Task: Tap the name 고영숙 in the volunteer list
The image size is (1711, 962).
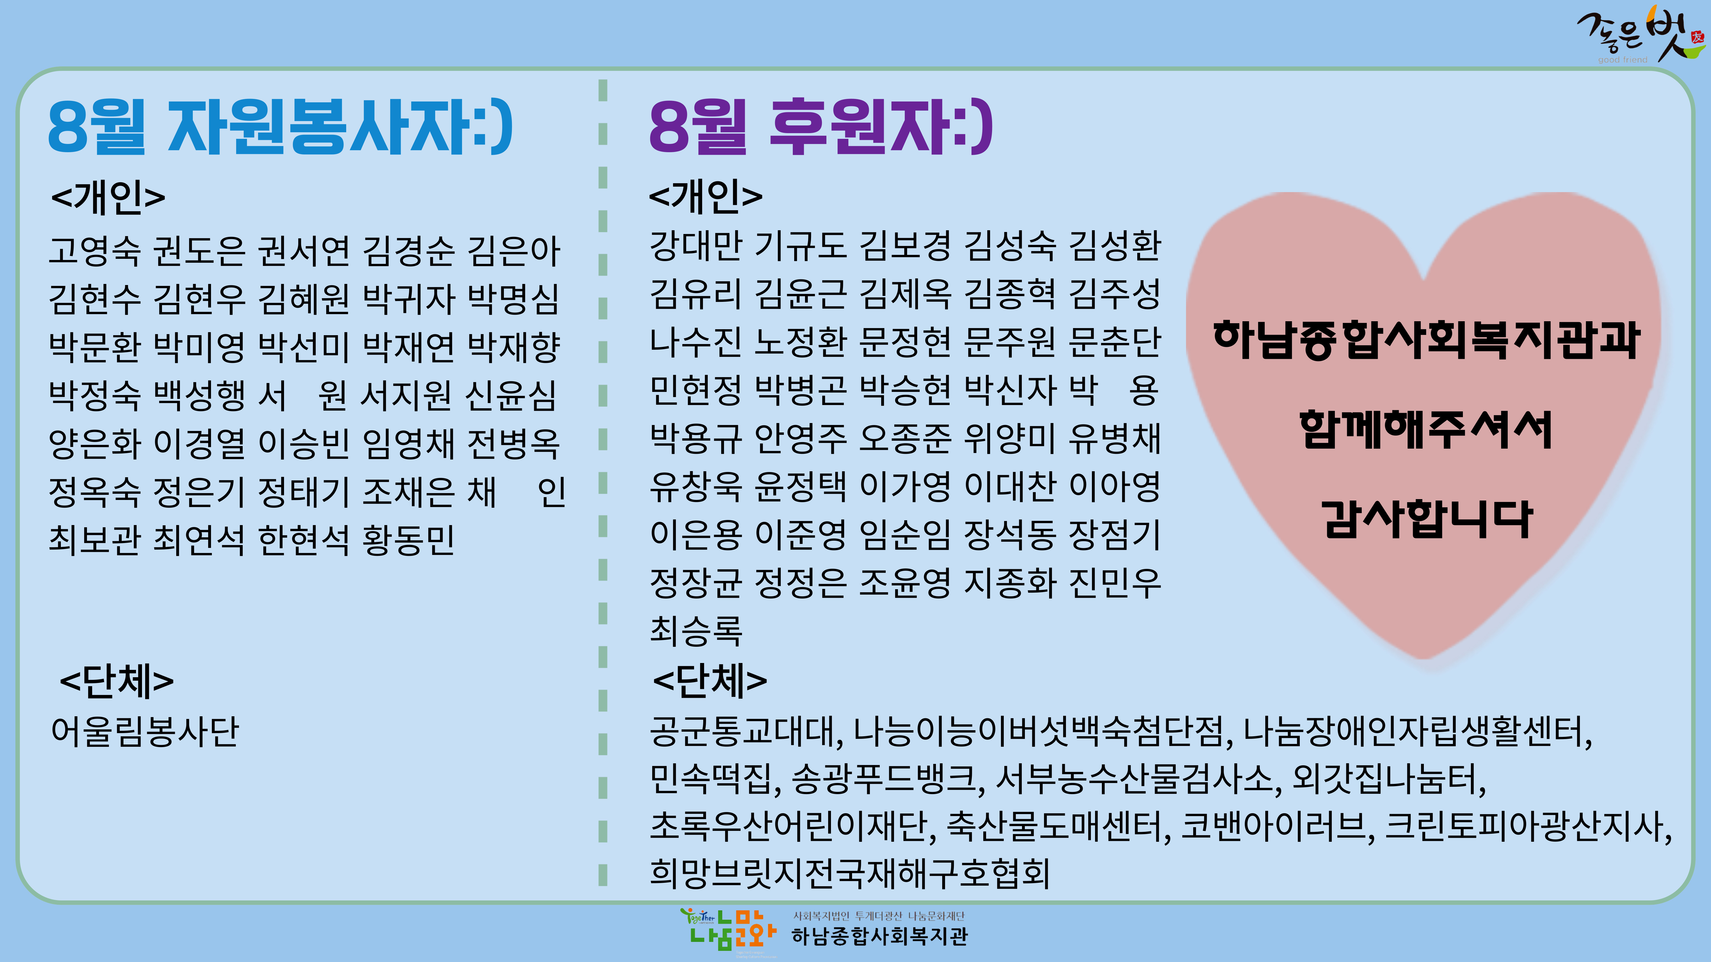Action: (95, 250)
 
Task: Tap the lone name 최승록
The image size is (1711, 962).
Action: (696, 630)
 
